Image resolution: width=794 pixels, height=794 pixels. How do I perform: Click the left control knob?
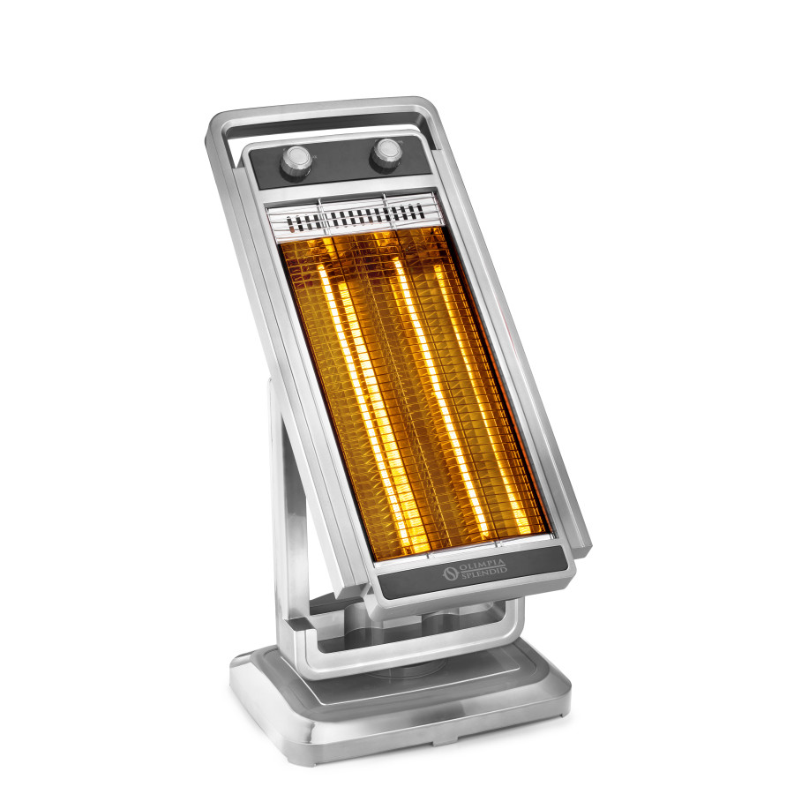point(296,161)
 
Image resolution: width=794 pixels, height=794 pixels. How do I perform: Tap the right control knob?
point(386,154)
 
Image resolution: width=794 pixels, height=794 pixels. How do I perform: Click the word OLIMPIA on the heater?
point(482,565)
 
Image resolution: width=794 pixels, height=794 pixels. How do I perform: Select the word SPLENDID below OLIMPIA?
point(484,573)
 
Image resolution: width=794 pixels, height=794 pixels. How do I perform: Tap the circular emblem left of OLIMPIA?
point(450,573)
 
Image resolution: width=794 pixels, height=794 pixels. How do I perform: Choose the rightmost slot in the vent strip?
point(421,211)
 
